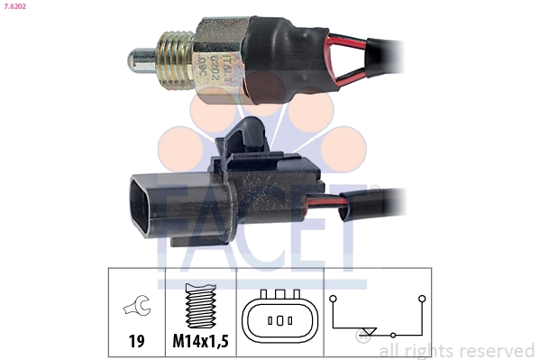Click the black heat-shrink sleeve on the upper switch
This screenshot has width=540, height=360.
(288, 54)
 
